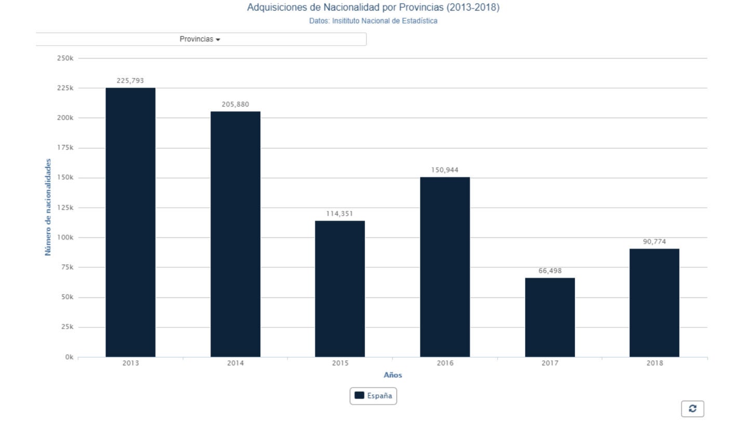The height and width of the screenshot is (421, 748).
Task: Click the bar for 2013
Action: [130, 222]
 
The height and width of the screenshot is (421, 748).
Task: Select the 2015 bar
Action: [340, 288]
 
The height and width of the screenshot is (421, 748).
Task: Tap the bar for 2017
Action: [550, 317]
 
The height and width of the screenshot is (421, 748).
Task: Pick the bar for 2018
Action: [654, 302]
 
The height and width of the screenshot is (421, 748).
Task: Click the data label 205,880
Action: [235, 104]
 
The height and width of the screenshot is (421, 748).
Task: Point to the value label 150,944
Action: [445, 170]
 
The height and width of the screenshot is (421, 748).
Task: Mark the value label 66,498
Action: [550, 271]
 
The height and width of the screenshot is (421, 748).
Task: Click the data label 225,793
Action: [130, 81]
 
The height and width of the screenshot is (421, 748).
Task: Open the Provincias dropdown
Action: [200, 40]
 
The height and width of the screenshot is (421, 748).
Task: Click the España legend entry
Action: [373, 396]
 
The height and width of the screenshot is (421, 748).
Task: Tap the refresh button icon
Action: [692, 409]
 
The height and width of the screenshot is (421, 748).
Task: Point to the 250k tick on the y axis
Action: [65, 58]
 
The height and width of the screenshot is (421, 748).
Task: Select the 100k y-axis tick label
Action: [65, 238]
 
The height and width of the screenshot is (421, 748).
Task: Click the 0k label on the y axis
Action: [69, 357]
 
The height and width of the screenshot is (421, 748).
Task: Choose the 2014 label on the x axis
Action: [235, 363]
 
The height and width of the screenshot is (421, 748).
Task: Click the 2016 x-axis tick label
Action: [445, 363]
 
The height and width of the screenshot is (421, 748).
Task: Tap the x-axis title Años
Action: [393, 375]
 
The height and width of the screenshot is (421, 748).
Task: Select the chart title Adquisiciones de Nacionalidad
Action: [373, 8]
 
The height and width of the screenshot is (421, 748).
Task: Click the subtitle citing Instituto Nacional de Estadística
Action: [373, 21]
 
